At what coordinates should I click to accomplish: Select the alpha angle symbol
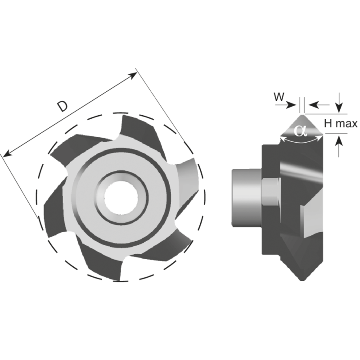coord(300,130)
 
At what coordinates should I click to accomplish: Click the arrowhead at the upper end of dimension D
coord(134,74)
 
